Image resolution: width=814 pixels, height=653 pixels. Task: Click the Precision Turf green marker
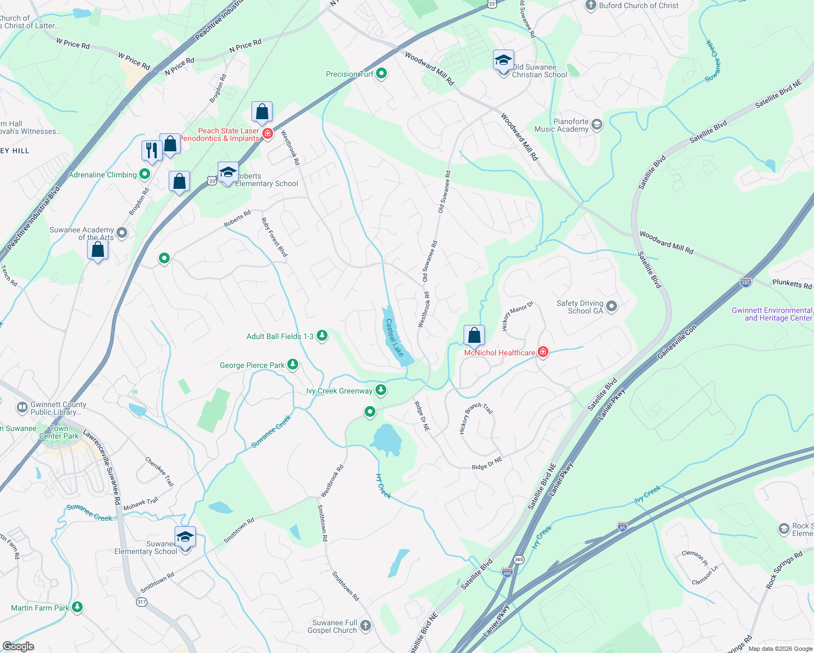point(381,73)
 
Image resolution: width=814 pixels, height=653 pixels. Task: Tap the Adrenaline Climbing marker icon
point(145,174)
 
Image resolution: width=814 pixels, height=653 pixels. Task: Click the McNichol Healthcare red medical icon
point(542,352)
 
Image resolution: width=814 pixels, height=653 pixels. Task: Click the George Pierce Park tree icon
point(293,365)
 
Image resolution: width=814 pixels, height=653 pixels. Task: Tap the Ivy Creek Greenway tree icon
point(381,390)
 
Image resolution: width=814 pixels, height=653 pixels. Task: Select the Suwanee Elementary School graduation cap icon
point(185,537)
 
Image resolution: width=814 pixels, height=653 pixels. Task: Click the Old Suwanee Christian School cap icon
point(503,60)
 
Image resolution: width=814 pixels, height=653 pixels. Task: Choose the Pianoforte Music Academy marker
point(597,125)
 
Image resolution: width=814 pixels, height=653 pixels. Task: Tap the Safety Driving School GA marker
point(612,306)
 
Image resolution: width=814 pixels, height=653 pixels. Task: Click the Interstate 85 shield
point(622,527)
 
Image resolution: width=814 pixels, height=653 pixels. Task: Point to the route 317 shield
point(141,602)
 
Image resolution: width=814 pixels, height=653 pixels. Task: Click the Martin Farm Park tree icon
point(77,607)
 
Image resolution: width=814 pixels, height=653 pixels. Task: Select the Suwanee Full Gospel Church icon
point(366,626)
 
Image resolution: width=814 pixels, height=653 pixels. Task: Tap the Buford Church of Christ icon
point(591,5)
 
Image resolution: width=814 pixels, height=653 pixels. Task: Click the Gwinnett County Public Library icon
point(22,407)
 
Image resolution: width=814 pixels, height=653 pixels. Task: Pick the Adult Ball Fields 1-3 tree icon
point(322,336)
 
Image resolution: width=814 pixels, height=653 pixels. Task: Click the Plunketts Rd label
point(792,284)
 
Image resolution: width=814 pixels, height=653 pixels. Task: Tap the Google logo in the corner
point(18,646)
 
